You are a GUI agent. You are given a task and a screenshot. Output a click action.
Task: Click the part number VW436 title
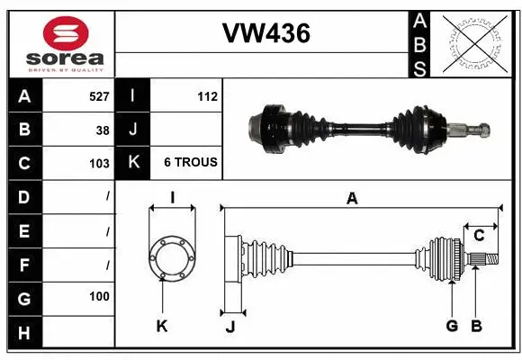[x=265, y=34]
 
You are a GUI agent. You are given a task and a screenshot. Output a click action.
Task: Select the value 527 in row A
[x=97, y=95]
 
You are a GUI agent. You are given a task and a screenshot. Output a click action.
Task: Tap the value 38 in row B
[x=102, y=130]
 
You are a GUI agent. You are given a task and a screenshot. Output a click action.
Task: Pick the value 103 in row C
[x=99, y=164]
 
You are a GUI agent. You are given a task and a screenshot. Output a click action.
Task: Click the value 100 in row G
[x=99, y=296]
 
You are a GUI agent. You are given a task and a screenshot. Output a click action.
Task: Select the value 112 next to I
[x=207, y=95]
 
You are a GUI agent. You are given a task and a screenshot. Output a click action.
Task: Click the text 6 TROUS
[x=190, y=163]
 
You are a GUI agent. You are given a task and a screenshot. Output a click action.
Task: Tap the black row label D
[x=23, y=196]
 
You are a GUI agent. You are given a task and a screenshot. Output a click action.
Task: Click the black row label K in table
[x=132, y=163]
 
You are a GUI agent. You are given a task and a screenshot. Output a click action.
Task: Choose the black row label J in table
[x=132, y=130]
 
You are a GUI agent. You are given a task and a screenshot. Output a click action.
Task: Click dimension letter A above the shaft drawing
[x=352, y=199]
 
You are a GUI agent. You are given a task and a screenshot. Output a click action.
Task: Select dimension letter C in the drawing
[x=479, y=236]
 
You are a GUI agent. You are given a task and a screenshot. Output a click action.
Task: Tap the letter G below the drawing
[x=452, y=326]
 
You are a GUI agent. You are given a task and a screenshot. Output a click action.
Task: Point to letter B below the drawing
[x=477, y=326]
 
